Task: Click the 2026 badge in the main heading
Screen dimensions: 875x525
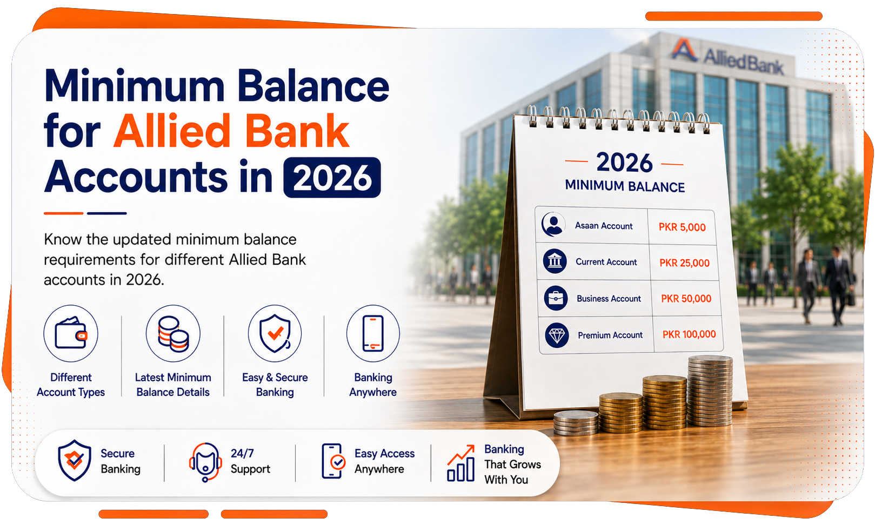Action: click(x=332, y=177)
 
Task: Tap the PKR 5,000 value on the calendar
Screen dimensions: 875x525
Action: click(x=682, y=227)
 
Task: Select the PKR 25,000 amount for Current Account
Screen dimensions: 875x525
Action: click(x=684, y=263)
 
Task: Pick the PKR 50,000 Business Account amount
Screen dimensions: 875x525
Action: click(x=686, y=299)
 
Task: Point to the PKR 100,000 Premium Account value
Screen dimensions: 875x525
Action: click(x=689, y=334)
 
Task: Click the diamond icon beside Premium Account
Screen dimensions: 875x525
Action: click(x=557, y=335)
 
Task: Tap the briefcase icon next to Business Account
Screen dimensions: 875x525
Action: click(x=556, y=299)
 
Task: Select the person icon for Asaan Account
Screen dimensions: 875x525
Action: click(x=553, y=224)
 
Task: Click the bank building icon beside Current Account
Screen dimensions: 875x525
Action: click(x=555, y=261)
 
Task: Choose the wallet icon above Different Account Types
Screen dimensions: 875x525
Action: click(x=71, y=333)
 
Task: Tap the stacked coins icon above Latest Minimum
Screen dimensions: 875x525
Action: click(x=173, y=333)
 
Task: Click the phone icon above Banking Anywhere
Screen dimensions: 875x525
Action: click(x=373, y=333)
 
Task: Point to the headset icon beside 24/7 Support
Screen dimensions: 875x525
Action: click(x=205, y=462)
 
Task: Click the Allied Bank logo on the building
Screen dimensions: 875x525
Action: click(x=727, y=57)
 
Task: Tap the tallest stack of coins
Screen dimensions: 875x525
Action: click(x=710, y=391)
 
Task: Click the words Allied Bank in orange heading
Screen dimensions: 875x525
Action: click(x=231, y=131)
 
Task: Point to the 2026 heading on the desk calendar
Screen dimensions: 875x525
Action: click(x=624, y=163)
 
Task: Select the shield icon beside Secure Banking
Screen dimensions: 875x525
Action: click(x=74, y=460)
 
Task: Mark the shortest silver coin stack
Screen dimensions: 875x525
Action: click(x=576, y=423)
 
